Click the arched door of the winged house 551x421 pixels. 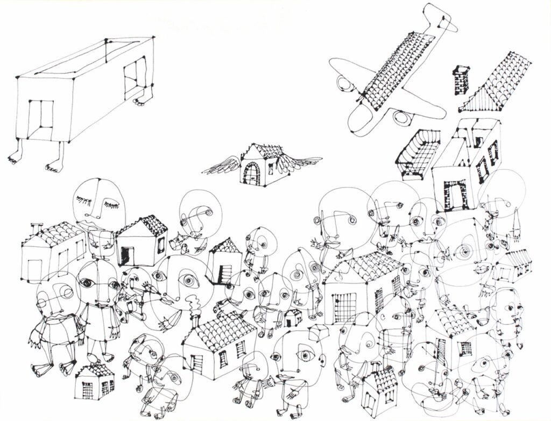(x=252, y=173)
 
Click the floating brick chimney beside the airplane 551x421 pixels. (x=462, y=79)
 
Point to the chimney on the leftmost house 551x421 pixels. (x=36, y=229)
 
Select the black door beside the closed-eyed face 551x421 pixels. (x=126, y=254)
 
